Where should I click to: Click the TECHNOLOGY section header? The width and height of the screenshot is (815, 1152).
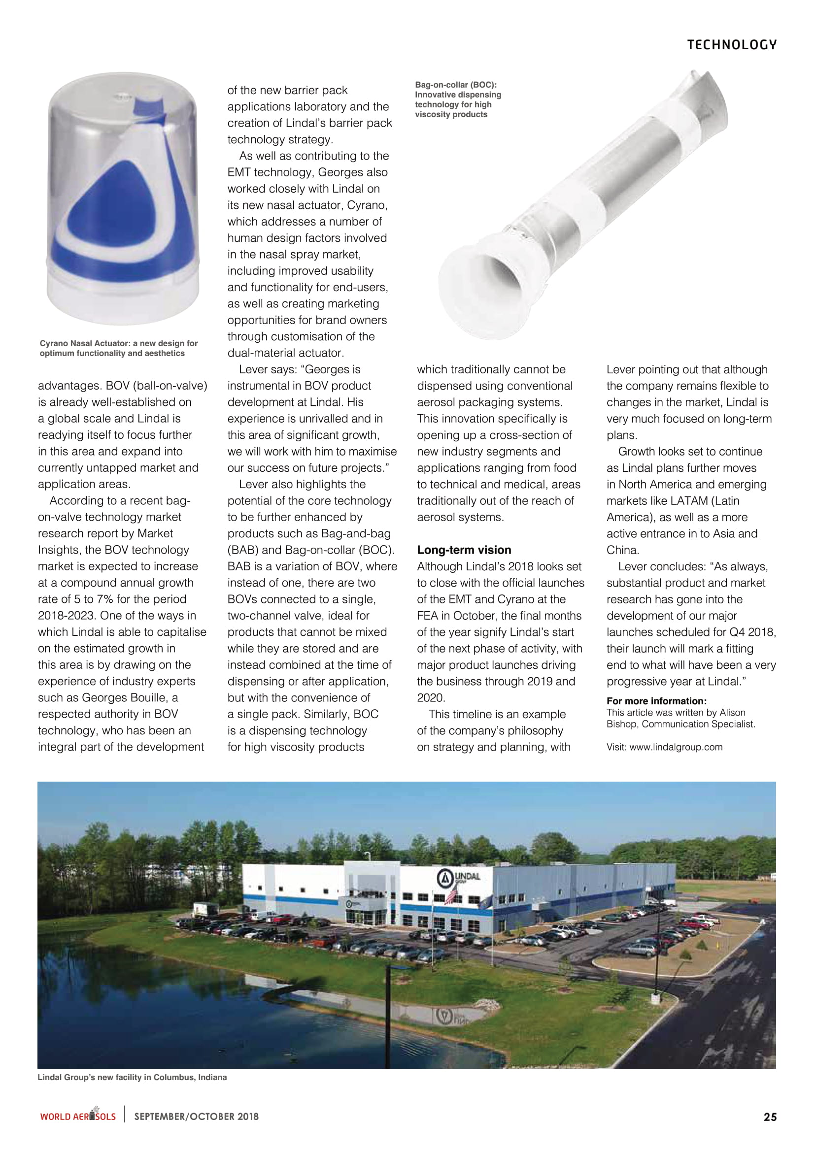(x=731, y=45)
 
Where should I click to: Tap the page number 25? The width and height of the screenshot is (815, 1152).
(x=770, y=1117)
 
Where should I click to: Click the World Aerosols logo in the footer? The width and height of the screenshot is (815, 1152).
(x=78, y=1116)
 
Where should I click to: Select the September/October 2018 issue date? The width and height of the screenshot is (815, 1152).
(x=196, y=1117)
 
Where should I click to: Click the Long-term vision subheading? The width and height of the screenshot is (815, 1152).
(x=464, y=550)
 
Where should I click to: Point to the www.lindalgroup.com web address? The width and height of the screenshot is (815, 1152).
(x=676, y=747)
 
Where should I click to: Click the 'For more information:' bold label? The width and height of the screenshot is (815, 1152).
(x=656, y=701)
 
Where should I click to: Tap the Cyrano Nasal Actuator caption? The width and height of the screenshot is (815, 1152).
(x=118, y=348)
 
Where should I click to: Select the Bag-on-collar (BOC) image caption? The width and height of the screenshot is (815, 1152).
(x=458, y=99)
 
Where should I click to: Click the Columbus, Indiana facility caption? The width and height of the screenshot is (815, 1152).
(x=132, y=1077)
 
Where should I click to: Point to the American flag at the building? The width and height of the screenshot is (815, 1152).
(x=452, y=894)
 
